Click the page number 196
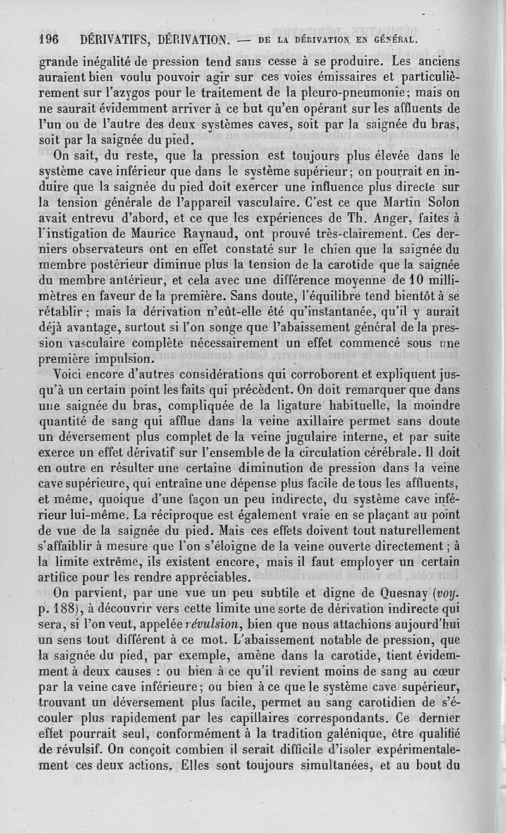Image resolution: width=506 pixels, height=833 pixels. coord(49,39)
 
